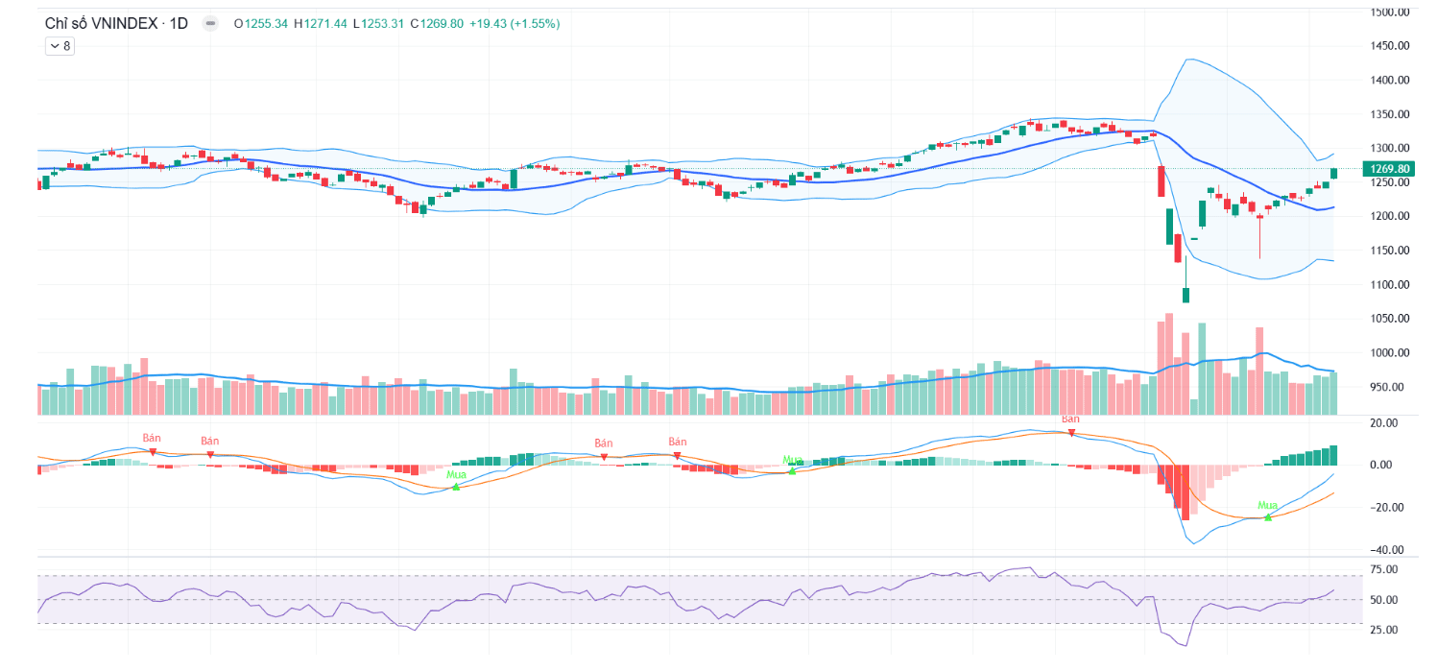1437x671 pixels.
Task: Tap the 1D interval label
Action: [179, 23]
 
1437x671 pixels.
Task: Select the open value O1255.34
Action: [261, 23]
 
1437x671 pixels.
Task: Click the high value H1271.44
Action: [321, 23]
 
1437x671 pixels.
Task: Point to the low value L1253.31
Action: [378, 23]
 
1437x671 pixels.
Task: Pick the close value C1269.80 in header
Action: [436, 23]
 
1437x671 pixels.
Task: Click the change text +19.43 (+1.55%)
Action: [515, 23]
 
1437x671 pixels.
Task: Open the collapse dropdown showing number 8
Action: [59, 45]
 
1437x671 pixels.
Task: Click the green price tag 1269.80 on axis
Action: [1390, 169]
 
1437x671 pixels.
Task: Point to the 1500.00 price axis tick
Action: [1390, 12]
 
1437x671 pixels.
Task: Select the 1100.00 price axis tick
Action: [1390, 284]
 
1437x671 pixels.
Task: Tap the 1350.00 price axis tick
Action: [1390, 114]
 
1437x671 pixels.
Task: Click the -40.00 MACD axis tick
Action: [1386, 550]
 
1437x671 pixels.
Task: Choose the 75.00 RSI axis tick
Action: [1383, 569]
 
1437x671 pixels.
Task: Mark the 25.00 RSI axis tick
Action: [1383, 630]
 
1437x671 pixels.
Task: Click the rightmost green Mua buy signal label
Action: [1268, 506]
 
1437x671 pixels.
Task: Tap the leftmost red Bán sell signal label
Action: [152, 438]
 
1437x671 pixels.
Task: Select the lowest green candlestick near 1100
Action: [1186, 294]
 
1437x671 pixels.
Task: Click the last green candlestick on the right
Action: [1333, 173]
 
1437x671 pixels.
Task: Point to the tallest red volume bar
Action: [1168, 363]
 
